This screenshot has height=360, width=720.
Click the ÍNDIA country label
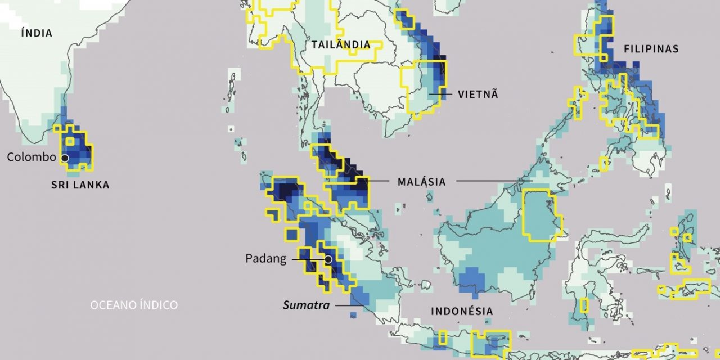pyautogui.click(x=37, y=33)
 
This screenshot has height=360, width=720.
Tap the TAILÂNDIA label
pyautogui.click(x=341, y=45)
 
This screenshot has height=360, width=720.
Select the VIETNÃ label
pyautogui.click(x=478, y=94)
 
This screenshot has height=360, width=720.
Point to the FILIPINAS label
pyautogui.click(x=651, y=49)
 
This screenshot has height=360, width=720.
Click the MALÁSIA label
pyautogui.click(x=421, y=182)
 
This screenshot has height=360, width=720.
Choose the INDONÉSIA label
pyautogui.click(x=462, y=311)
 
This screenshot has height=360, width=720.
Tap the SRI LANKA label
pyautogui.click(x=80, y=185)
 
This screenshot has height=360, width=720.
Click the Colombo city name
pyautogui.click(x=31, y=157)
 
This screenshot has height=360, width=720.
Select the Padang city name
pyautogui.click(x=265, y=259)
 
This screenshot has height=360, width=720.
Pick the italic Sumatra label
pyautogui.click(x=306, y=305)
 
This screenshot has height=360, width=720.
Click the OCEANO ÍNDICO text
pyautogui.click(x=134, y=305)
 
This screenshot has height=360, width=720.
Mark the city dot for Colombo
pyautogui.click(x=65, y=158)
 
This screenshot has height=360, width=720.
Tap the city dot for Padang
pyautogui.click(x=328, y=259)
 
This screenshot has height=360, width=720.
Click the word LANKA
pyautogui.click(x=91, y=185)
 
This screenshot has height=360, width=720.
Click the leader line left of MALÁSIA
pyautogui.click(x=374, y=181)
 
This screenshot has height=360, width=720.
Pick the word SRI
pyautogui.click(x=60, y=185)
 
